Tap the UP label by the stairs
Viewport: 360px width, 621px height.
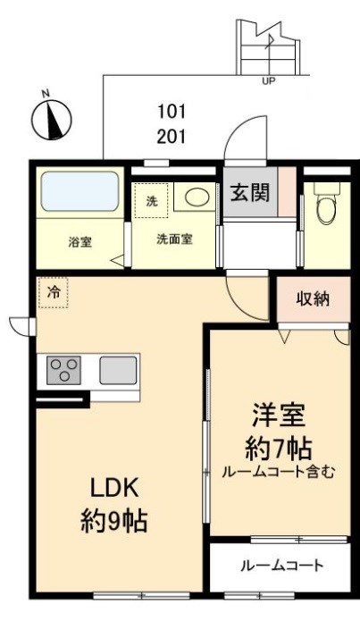[268, 82]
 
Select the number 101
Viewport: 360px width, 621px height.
[172, 112]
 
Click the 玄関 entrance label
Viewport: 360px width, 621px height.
[250, 193]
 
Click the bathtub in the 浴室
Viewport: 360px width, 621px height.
[80, 190]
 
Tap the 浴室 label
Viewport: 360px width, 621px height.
[80, 241]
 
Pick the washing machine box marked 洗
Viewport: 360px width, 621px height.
[151, 201]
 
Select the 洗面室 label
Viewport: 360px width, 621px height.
[174, 239]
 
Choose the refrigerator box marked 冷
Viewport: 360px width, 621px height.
[54, 291]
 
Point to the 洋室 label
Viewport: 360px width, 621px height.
[278, 416]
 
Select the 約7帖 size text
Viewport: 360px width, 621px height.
[278, 448]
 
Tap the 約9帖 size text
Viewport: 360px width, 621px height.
[112, 521]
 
